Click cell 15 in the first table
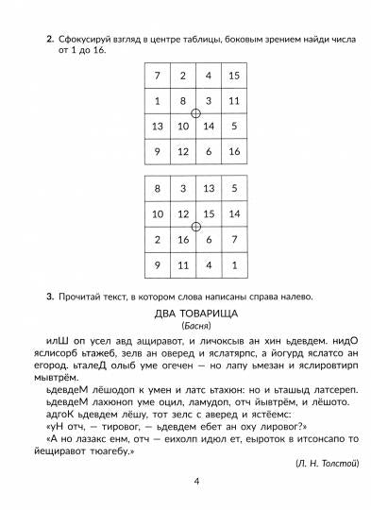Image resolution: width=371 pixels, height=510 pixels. pyautogui.click(x=233, y=76)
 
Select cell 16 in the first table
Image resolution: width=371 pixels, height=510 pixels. pyautogui.click(x=233, y=151)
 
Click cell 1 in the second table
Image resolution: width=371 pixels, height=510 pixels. pyautogui.click(x=233, y=265)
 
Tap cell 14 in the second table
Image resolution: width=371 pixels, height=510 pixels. pyautogui.click(x=233, y=215)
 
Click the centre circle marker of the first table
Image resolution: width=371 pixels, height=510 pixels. pyautogui.click(x=195, y=113)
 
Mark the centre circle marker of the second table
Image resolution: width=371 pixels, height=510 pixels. pyautogui.click(x=195, y=228)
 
